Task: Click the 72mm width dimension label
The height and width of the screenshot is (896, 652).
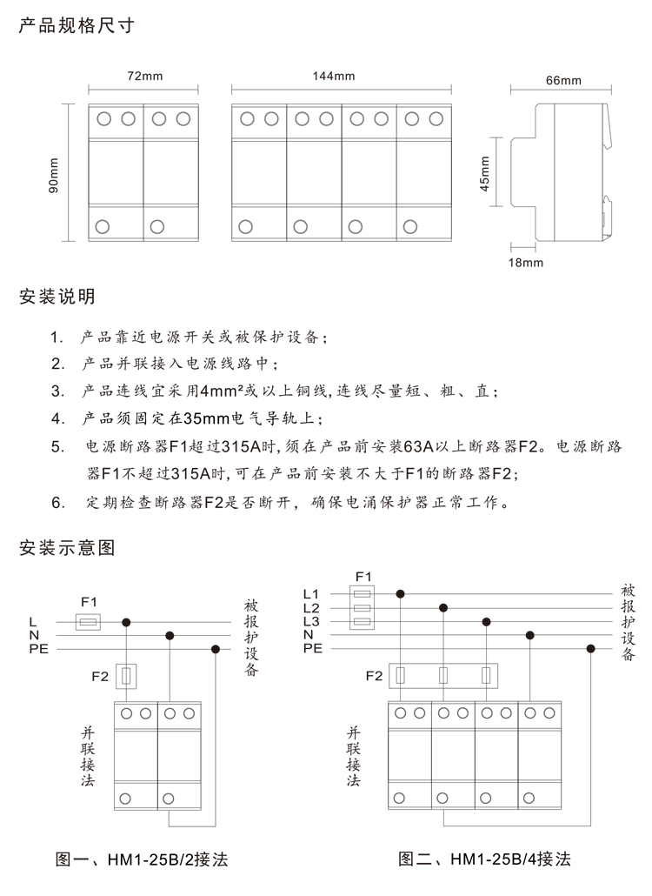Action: tap(145, 76)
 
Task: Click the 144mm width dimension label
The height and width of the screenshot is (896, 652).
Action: tap(340, 76)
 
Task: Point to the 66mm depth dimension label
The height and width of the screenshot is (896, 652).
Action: tap(563, 81)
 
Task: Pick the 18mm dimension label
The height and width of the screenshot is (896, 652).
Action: tap(526, 261)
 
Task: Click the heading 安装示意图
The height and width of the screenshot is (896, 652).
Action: tap(66, 548)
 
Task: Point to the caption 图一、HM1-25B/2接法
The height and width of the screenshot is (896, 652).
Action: tap(142, 860)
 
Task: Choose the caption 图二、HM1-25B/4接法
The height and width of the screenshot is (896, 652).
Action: tap(484, 860)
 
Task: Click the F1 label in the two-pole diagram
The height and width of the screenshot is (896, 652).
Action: tap(89, 602)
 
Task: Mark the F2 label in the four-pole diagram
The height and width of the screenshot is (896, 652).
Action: tap(374, 676)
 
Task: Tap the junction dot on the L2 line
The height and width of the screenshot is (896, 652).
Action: tap(443, 608)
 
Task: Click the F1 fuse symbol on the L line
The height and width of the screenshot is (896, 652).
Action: tap(88, 622)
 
